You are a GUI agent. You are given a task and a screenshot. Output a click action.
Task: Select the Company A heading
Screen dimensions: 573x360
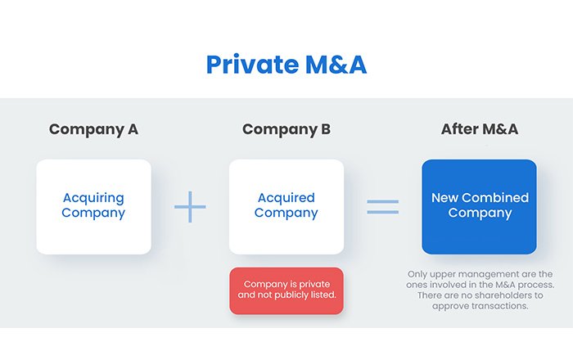[x=93, y=129]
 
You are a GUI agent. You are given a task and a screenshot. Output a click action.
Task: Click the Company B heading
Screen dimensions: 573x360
[x=286, y=129]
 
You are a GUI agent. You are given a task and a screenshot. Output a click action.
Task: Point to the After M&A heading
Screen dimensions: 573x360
[x=479, y=129]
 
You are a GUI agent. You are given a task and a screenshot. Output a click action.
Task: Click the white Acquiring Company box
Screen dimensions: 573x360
[x=93, y=206]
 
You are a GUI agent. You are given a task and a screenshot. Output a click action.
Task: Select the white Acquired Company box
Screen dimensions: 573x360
[x=286, y=206]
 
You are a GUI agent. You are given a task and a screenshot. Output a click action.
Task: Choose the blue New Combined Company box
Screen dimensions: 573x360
[x=479, y=206]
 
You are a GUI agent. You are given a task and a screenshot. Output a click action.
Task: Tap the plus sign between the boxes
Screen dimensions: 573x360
[x=190, y=206]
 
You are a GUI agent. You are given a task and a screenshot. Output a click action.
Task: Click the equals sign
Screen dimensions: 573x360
[x=382, y=206]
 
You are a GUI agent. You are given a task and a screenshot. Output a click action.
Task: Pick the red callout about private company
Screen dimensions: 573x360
[x=286, y=290]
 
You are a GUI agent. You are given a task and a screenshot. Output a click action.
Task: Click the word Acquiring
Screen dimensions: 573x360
[x=93, y=198]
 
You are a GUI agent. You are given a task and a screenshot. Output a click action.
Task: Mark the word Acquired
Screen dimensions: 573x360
[x=286, y=198]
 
